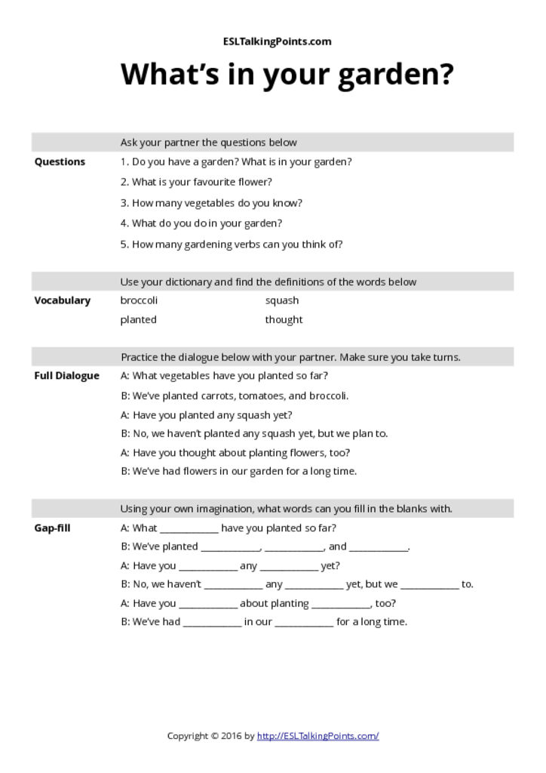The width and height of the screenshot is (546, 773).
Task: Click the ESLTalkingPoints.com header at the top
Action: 278,42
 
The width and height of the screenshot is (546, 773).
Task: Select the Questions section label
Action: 60,162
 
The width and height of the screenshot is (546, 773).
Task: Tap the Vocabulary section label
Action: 62,300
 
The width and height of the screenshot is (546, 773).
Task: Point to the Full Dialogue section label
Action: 66,376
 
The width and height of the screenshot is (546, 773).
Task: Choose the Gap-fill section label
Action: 52,528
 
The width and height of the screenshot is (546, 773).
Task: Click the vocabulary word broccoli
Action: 139,300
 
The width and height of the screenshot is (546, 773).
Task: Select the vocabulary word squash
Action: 281,300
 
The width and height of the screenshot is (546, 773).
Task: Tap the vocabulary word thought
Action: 284,319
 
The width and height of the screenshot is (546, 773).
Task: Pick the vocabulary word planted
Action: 138,319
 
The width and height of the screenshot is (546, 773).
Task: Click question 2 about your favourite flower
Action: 196,182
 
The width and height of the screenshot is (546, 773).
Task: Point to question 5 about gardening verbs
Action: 232,244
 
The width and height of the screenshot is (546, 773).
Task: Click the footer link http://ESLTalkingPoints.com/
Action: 317,735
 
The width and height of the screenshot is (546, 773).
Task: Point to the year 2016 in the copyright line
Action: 232,735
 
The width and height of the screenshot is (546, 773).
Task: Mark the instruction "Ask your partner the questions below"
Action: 208,142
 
